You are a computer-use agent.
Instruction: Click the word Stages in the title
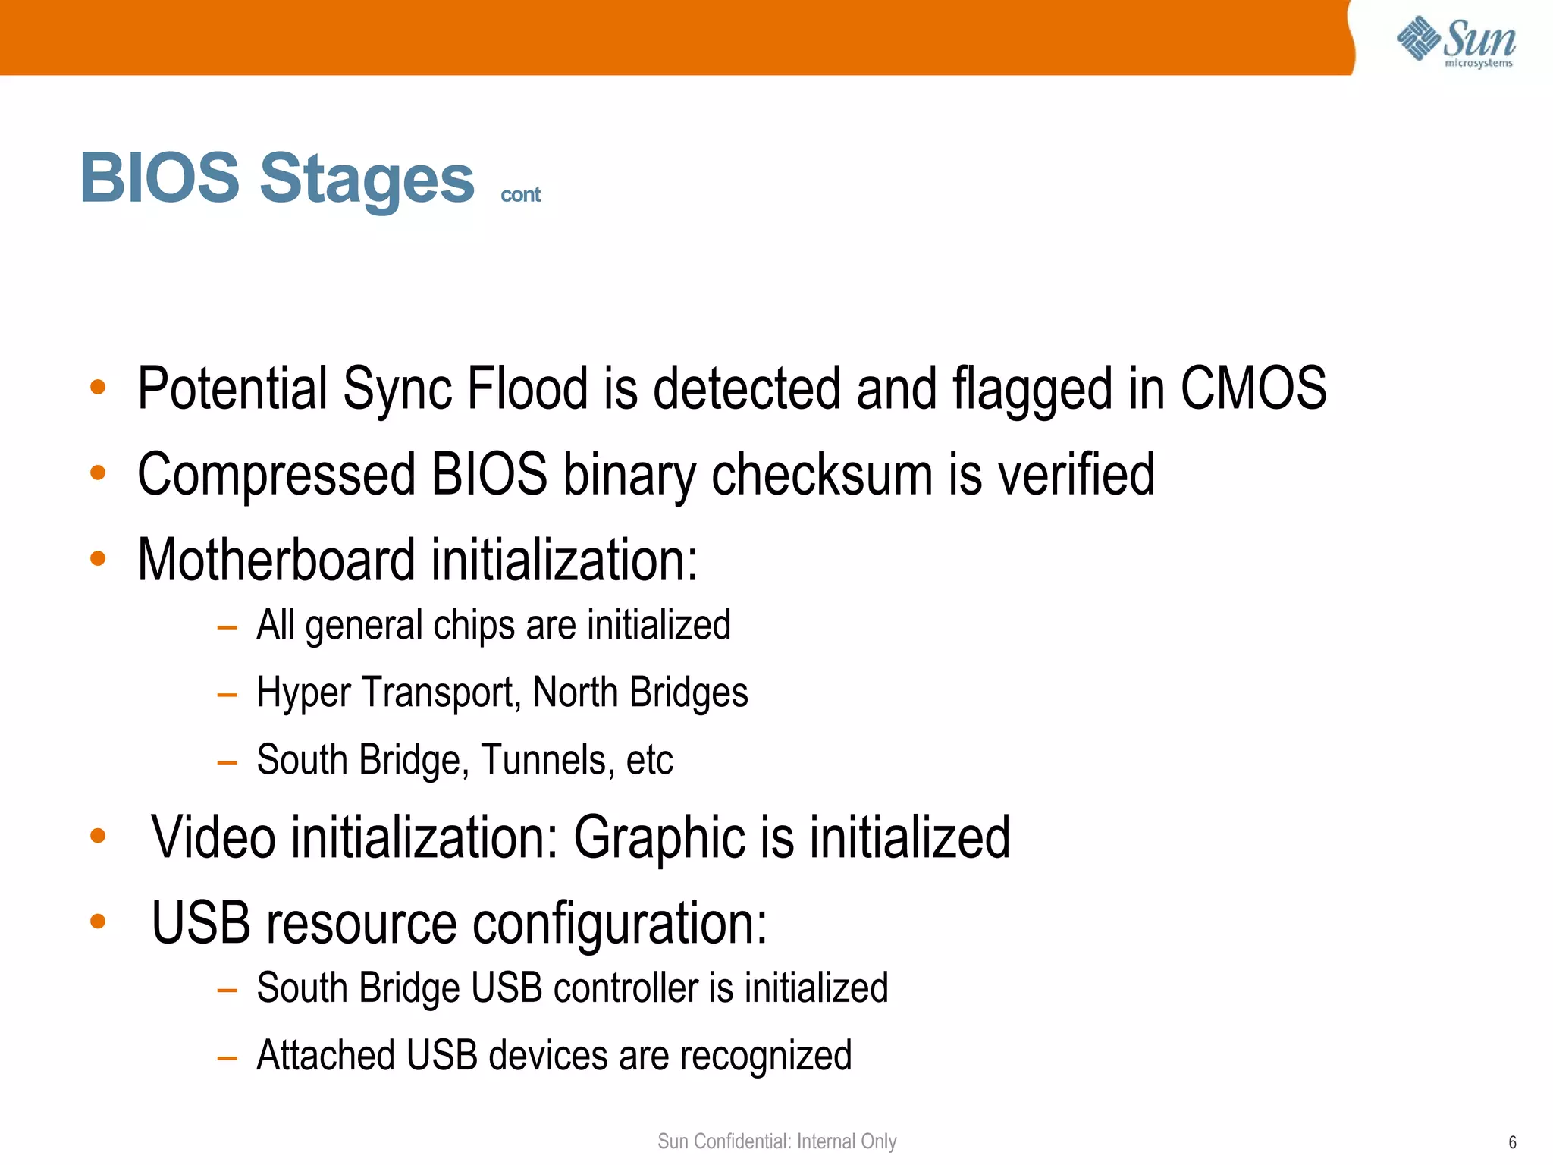(367, 179)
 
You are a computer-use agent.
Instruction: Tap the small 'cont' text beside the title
(520, 195)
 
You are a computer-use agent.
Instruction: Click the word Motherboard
(276, 560)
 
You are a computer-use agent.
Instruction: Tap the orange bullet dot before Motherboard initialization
(98, 559)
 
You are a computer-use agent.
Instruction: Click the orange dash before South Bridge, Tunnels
(227, 761)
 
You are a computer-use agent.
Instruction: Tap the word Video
(213, 837)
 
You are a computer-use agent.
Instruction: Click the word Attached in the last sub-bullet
(325, 1056)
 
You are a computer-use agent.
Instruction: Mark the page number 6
(1512, 1142)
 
